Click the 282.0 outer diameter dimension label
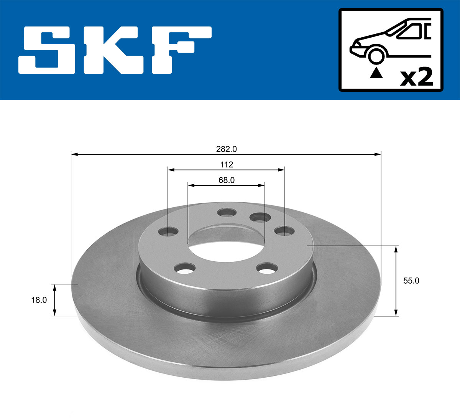(x=227, y=149)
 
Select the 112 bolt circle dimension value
(x=227, y=165)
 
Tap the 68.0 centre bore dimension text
(x=227, y=180)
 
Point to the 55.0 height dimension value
(x=411, y=281)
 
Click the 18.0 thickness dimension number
(x=39, y=300)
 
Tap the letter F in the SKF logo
(x=180, y=50)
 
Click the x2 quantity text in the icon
(x=416, y=78)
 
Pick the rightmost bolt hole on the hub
(x=284, y=231)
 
